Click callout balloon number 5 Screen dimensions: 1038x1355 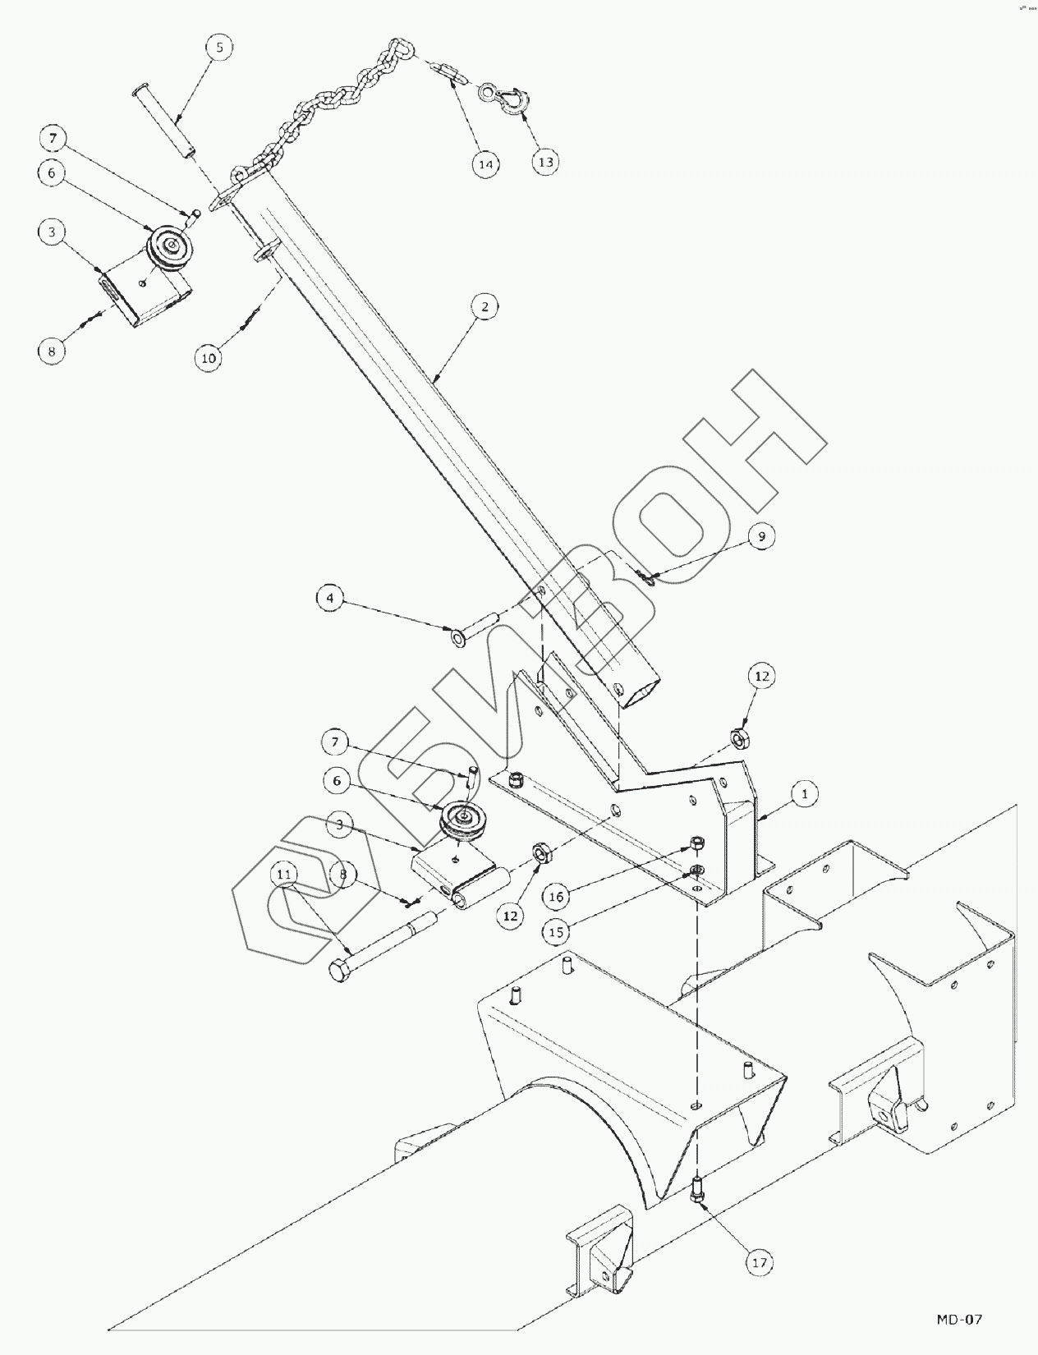(219, 48)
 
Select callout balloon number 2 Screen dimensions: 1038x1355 (485, 306)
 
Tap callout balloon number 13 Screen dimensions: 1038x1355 (545, 162)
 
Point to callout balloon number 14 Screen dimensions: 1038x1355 (485, 164)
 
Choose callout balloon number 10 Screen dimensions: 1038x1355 (209, 358)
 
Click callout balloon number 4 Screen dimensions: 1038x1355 (330, 598)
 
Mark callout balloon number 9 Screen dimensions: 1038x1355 (761, 536)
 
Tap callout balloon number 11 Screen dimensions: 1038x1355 (284, 875)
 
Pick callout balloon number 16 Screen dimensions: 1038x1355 (556, 897)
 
